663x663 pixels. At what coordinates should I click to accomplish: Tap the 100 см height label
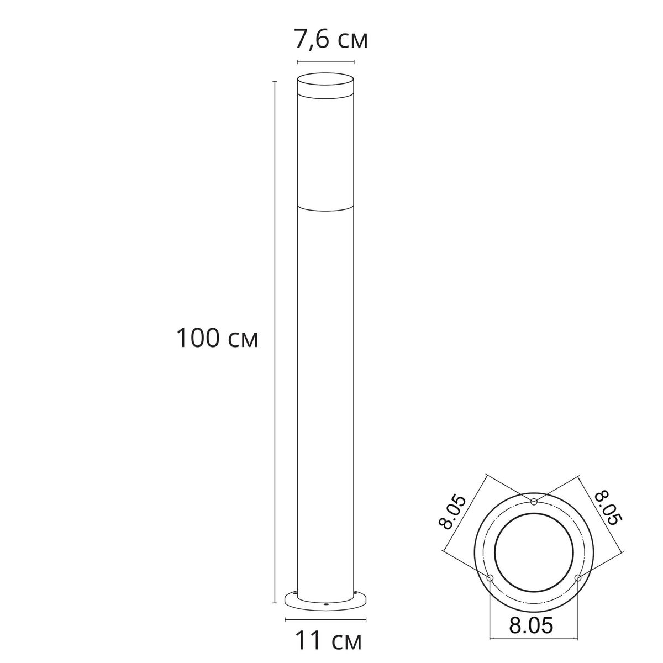(x=217, y=338)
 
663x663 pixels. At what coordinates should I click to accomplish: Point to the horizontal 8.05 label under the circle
(x=531, y=625)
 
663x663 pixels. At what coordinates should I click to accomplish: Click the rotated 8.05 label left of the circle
(x=455, y=512)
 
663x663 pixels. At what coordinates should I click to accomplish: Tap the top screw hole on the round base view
(x=534, y=502)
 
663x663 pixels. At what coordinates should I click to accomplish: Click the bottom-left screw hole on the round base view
(x=490, y=578)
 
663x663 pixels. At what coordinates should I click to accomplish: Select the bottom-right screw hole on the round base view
(x=577, y=578)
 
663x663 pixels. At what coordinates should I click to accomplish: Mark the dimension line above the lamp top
(x=325, y=61)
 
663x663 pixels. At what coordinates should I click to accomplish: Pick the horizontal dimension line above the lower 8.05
(x=534, y=640)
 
